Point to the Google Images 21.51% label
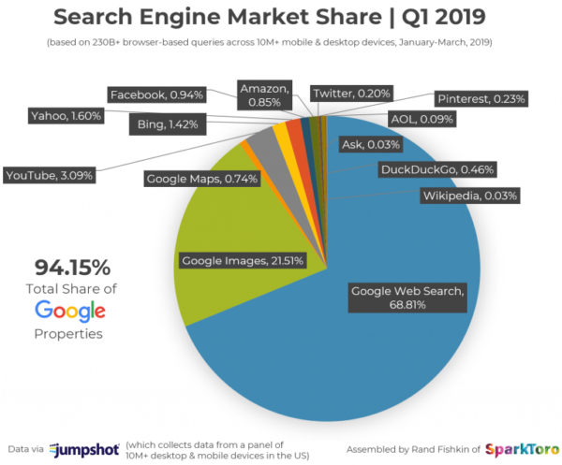coord(242,260)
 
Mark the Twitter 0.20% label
coord(351,94)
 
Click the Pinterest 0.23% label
coord(481,97)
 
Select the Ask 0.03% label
coord(370,145)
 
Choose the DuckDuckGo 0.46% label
coord(436,170)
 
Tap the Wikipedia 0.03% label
coord(469,196)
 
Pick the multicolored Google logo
coord(70,311)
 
